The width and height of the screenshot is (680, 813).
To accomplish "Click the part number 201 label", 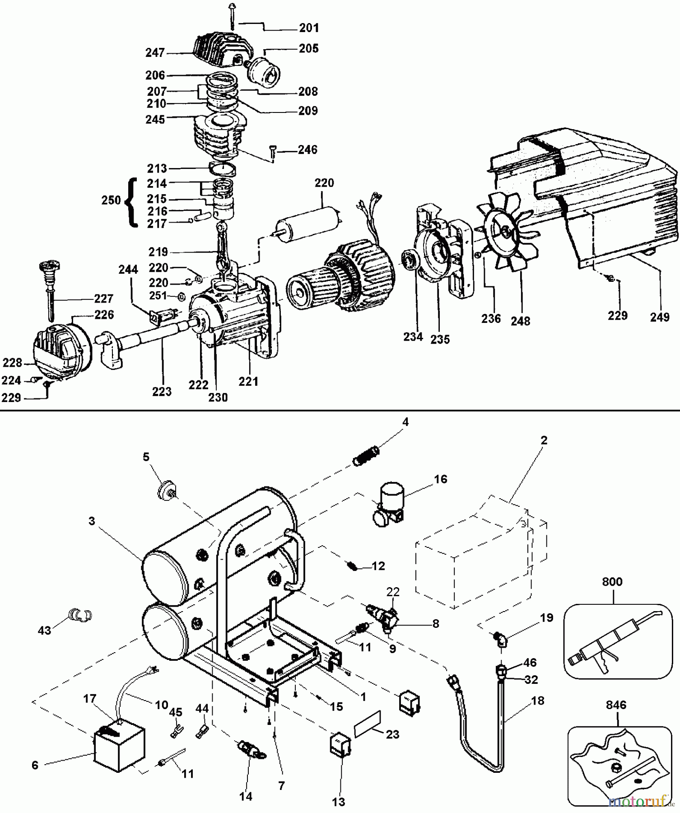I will (309, 28).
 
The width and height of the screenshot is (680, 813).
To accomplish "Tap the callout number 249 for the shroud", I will (659, 317).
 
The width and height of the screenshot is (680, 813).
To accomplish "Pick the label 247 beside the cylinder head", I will (155, 53).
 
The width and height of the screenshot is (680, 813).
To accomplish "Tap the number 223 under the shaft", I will (162, 392).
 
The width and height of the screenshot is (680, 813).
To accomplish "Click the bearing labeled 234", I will (409, 261).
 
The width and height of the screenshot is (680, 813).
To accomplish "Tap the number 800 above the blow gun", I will (612, 582).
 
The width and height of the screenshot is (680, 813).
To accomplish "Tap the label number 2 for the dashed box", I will (544, 440).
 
